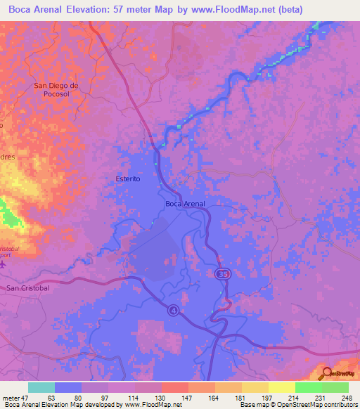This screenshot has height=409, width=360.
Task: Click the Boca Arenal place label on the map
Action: [x=185, y=204]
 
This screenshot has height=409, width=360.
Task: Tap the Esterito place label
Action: [x=128, y=179]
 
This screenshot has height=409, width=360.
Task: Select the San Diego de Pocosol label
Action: [x=60, y=89]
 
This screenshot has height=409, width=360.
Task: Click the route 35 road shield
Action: [x=222, y=273]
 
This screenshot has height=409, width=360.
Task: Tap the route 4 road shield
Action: [x=173, y=309]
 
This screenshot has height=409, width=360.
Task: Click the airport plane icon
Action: [x=2, y=264]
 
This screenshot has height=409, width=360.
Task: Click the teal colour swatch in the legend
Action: [x=41, y=387]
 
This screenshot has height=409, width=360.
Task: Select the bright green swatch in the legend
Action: [x=308, y=387]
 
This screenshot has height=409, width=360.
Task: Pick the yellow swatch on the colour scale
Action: [x=281, y=387]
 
